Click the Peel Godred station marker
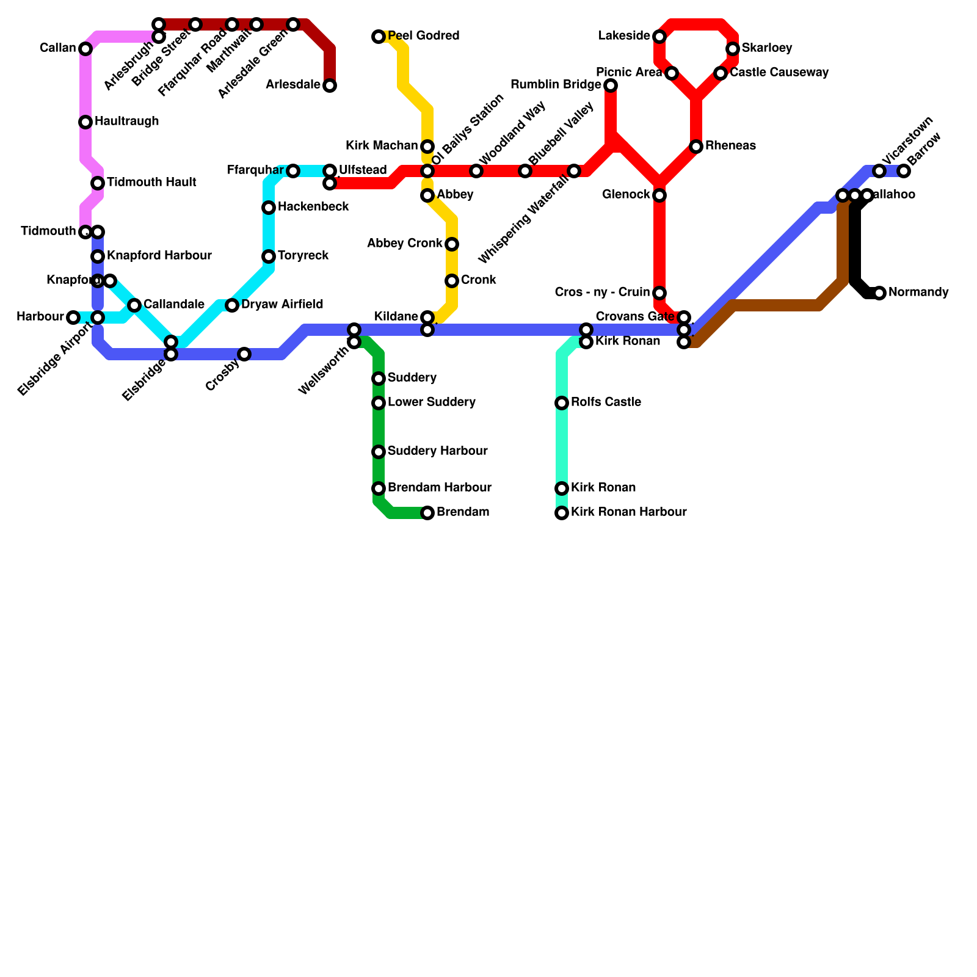coord(379,37)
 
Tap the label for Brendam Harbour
coord(439,488)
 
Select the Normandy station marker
coord(879,293)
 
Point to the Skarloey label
coord(767,48)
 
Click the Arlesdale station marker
coord(330,85)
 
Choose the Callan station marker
coord(85,49)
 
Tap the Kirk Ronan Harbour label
coord(628,512)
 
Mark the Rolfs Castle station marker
coord(562,403)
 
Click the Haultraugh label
coord(126,122)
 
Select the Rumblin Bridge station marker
coord(611,85)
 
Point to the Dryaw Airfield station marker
coord(232,305)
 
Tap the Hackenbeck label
coord(313,207)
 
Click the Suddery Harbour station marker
coord(379,452)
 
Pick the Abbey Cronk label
coord(404,244)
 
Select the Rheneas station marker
coord(696,147)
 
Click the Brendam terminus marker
coord(427,513)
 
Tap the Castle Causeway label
coord(779,73)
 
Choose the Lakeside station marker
coord(659,37)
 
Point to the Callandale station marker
coord(134,305)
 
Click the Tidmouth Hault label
coord(151,183)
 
